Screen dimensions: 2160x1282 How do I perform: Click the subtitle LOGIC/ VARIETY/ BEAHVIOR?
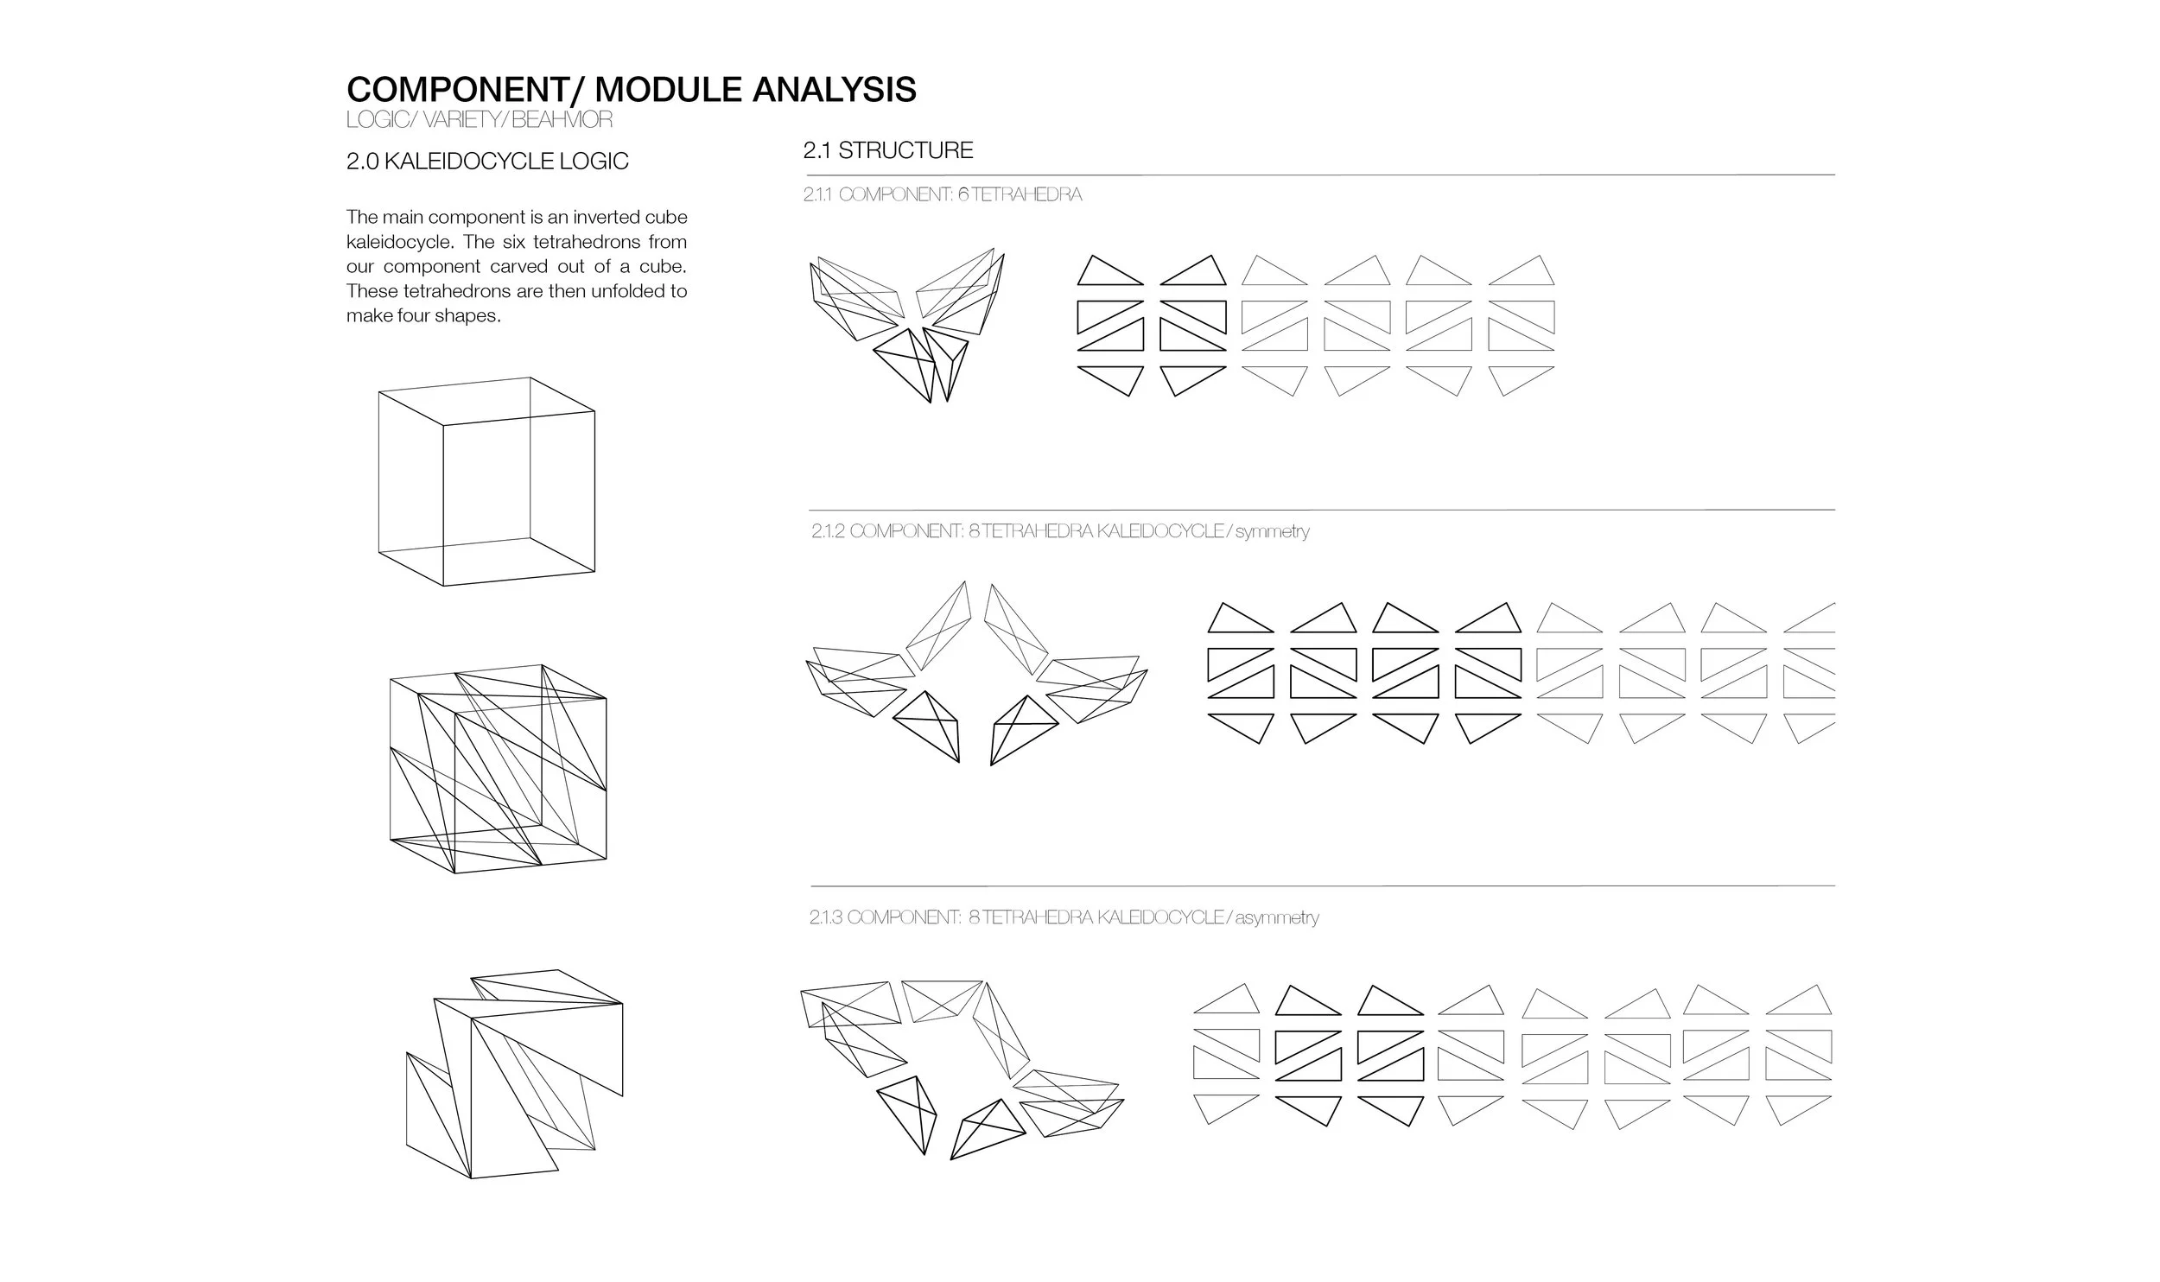coord(480,120)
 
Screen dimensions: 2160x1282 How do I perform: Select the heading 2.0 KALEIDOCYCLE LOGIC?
coord(487,162)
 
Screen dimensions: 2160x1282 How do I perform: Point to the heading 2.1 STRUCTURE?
coord(888,150)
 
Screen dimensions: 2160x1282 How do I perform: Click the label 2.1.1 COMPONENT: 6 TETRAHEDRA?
coord(943,194)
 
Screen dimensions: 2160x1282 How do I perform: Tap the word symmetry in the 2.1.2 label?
coord(1272,532)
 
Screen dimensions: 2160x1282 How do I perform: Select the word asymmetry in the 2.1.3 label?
coord(1277,918)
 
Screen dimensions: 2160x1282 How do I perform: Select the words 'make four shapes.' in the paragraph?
coord(423,316)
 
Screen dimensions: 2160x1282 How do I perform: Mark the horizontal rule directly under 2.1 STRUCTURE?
coord(1319,175)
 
